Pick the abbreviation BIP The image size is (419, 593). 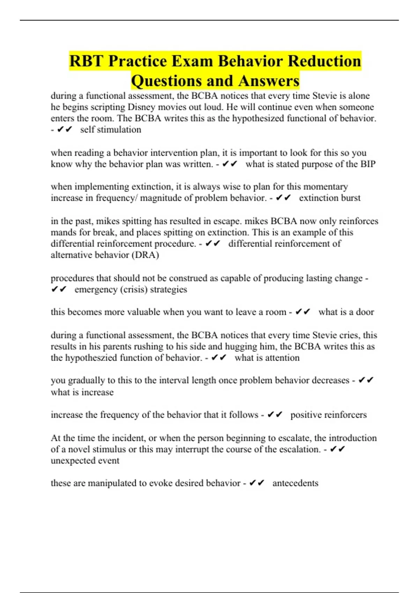[368, 164]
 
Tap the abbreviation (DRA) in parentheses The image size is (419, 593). [145, 255]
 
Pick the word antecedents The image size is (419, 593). [295, 483]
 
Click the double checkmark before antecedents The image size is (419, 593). [257, 483]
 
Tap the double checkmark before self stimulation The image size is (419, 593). [65, 130]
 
